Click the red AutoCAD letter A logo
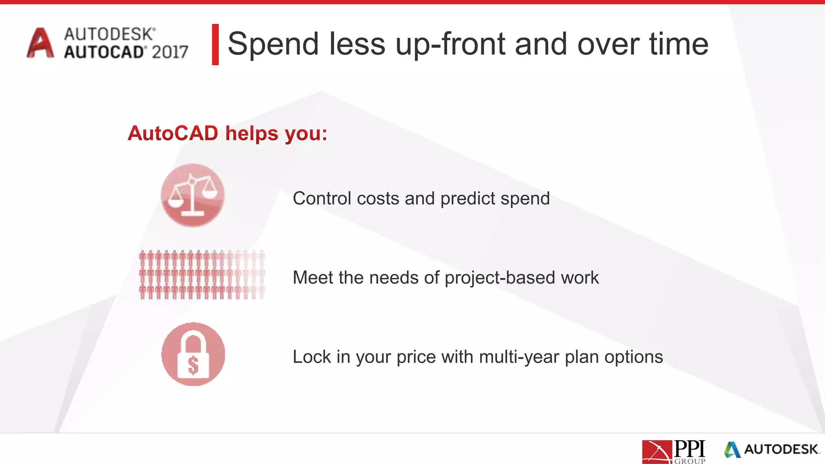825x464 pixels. [40, 43]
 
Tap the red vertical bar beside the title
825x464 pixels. [216, 44]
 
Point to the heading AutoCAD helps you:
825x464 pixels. [227, 133]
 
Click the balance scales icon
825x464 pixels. [193, 195]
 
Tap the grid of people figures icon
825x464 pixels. [201, 275]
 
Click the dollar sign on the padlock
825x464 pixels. [193, 365]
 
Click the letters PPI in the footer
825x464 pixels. [689, 448]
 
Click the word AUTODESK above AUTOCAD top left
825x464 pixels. [109, 34]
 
